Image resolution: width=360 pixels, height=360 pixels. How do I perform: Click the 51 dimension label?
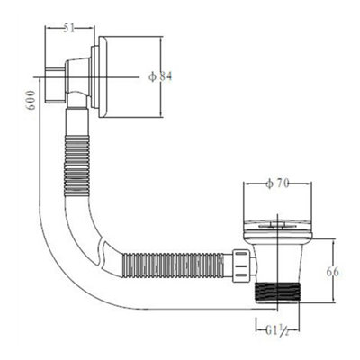click(69, 29)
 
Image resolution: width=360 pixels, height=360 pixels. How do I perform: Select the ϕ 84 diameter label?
click(160, 76)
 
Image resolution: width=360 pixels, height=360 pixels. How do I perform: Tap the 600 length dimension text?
click(31, 101)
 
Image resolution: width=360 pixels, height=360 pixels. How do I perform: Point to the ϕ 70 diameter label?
click(277, 184)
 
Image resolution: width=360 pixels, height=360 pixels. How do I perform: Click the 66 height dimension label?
click(333, 272)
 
